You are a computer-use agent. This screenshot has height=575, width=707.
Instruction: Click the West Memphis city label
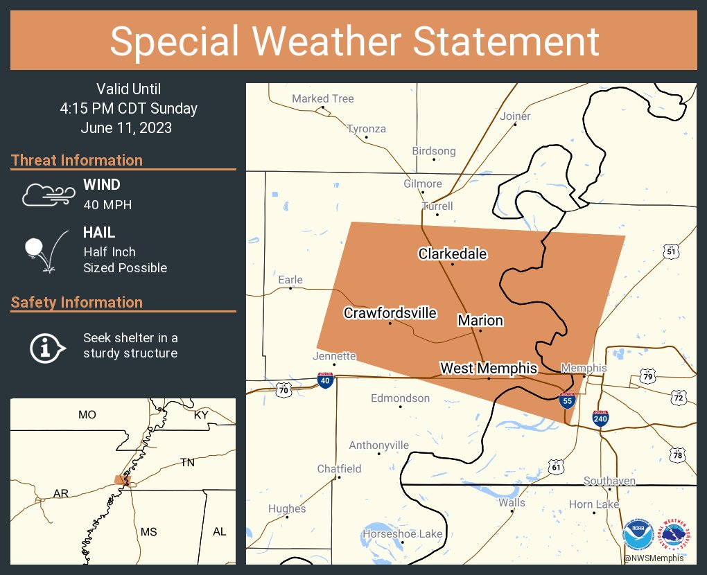(489, 368)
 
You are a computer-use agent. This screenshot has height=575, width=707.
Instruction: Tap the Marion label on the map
(480, 320)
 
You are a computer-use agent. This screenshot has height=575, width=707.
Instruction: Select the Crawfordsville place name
(390, 313)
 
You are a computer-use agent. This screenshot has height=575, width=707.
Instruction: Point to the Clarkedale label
(453, 254)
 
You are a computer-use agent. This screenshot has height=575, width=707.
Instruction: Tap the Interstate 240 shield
(601, 418)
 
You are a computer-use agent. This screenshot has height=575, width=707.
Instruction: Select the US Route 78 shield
(678, 454)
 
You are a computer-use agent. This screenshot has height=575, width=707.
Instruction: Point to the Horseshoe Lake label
(402, 534)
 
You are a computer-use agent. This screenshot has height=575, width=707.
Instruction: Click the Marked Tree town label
(322, 99)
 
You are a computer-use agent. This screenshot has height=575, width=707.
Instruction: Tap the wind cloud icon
(47, 195)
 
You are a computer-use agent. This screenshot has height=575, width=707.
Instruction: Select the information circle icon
(46, 346)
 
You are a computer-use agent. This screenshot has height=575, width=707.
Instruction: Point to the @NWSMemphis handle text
(654, 558)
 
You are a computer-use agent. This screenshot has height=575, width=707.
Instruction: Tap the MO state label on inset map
(87, 415)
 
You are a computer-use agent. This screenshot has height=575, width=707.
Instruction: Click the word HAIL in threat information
(99, 233)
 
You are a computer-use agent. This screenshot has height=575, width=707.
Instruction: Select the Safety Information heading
(77, 303)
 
